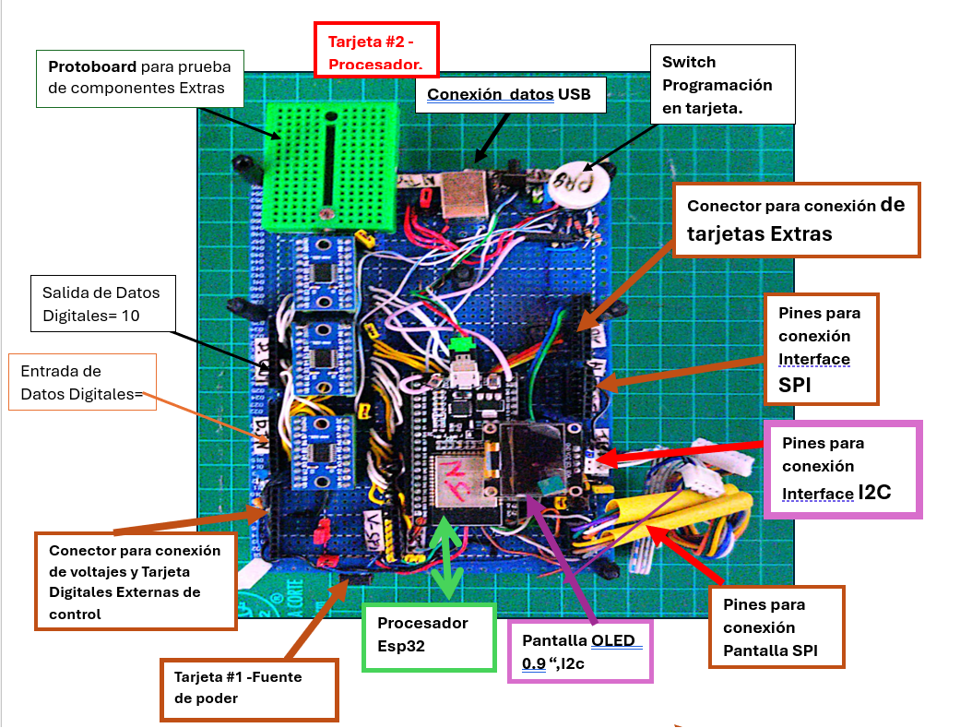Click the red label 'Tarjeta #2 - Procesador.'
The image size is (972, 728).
[x=375, y=53]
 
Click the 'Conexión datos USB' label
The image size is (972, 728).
[x=508, y=94]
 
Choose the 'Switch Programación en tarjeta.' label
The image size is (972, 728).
[x=722, y=84]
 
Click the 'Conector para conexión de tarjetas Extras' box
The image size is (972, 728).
[x=797, y=220]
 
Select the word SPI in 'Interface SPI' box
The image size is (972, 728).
[x=788, y=385]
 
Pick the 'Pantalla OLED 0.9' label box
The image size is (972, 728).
[x=580, y=651]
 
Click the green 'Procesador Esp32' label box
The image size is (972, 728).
[x=429, y=635]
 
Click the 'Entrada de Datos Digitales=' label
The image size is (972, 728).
[x=81, y=383]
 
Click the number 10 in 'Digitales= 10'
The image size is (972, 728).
[x=135, y=316]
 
